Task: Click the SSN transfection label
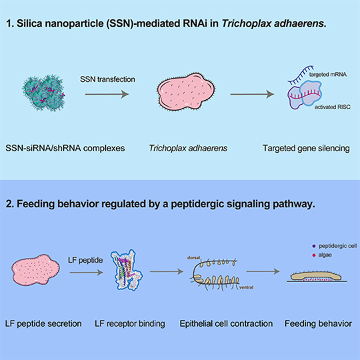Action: (107, 79)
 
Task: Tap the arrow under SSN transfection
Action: (107, 94)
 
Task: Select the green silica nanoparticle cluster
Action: (43, 93)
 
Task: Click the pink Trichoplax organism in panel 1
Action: (186, 91)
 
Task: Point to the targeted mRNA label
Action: (328, 75)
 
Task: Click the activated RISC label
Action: (333, 107)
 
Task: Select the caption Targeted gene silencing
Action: (306, 148)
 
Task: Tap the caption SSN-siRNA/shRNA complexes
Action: (65, 148)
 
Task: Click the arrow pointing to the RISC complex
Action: (252, 94)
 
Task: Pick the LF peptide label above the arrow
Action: (85, 261)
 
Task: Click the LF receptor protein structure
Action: (127, 270)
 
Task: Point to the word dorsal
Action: (194, 258)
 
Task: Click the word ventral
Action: (247, 287)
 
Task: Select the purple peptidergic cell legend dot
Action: (314, 246)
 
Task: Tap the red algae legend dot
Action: (314, 255)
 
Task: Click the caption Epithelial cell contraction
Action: (226, 324)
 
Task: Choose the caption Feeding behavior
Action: (318, 324)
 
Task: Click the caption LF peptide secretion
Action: (43, 324)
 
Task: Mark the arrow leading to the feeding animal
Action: (263, 271)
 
